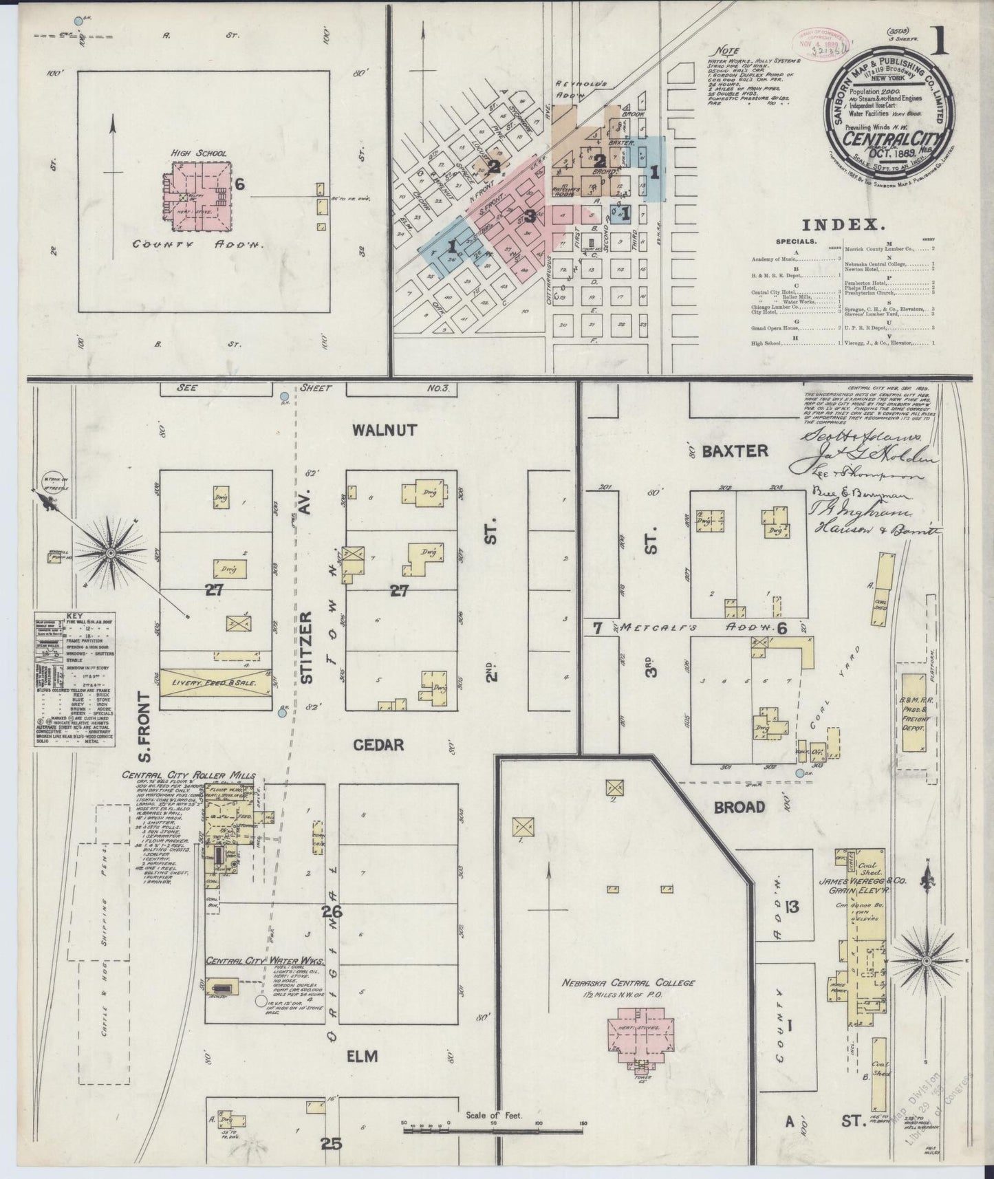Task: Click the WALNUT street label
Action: click(385, 430)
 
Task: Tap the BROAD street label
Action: click(739, 806)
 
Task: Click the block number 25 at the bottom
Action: click(332, 1143)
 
